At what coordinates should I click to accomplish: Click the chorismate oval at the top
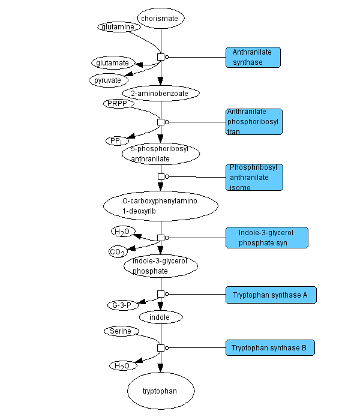[x=160, y=19]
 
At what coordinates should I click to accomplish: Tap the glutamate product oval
[x=113, y=62]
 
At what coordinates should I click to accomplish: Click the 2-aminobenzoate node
[x=160, y=94]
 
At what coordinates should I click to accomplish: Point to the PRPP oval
[x=118, y=104]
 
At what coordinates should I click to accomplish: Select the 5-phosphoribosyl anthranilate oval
[x=160, y=154]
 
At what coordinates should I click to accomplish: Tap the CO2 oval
[x=118, y=252]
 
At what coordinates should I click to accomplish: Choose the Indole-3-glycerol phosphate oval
[x=160, y=266]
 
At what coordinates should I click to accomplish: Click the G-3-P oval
[x=123, y=305]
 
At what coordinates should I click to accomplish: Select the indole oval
[x=160, y=317]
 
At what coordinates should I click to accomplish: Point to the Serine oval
[x=122, y=331]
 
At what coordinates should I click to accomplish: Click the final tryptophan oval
[x=160, y=391]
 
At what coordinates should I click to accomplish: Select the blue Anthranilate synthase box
[x=253, y=57]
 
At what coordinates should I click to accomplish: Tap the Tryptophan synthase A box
[x=271, y=295]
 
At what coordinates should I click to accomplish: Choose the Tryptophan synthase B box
[x=270, y=347]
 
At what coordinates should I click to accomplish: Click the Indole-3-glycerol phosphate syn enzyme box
[x=266, y=238]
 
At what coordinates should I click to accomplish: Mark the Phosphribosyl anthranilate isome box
[x=254, y=177]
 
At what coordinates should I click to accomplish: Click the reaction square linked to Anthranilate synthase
[x=161, y=57]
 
